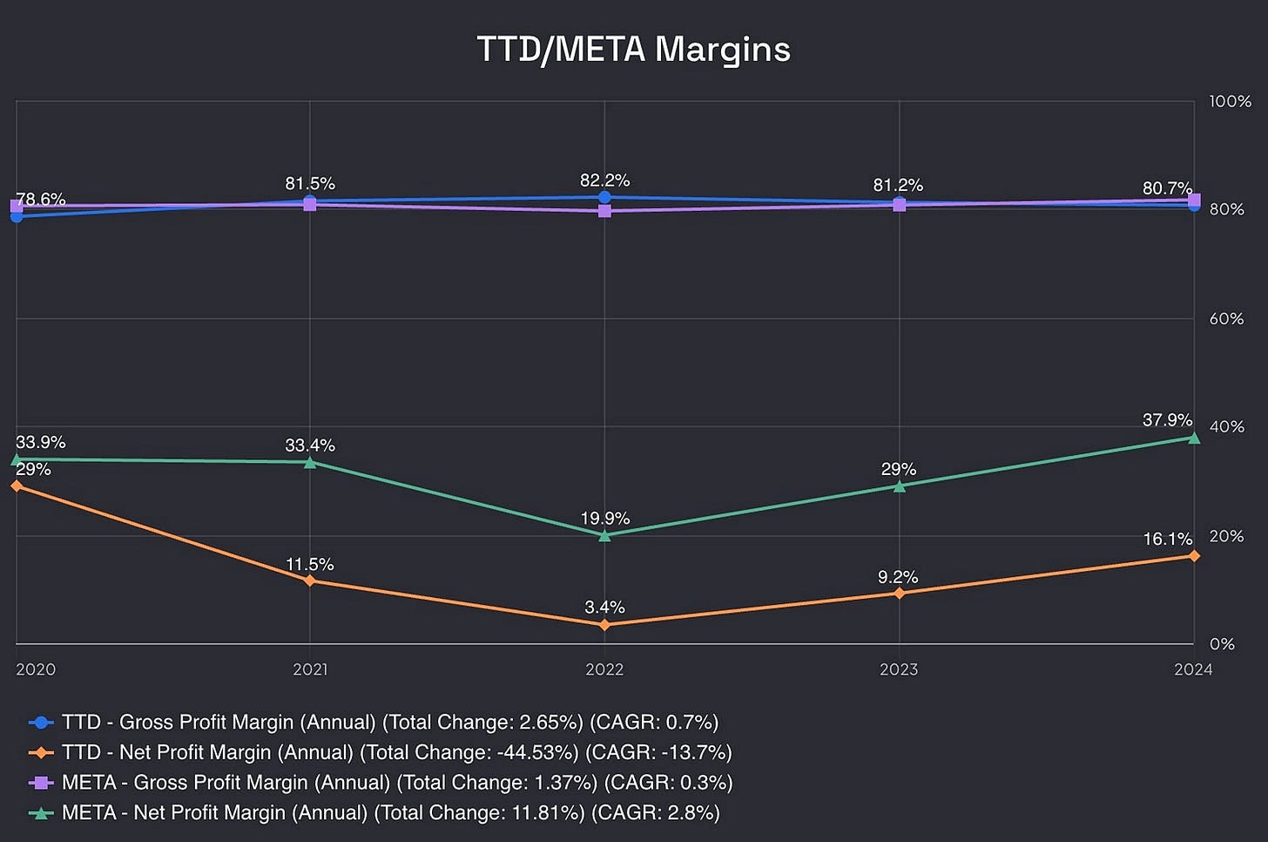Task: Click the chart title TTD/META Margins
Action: (x=633, y=49)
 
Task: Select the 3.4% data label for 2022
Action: (x=604, y=608)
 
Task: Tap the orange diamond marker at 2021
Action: (x=310, y=581)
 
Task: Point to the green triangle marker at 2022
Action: (x=604, y=535)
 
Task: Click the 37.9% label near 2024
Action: (x=1167, y=420)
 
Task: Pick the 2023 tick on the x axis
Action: (x=899, y=669)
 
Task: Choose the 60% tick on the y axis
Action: (x=1226, y=319)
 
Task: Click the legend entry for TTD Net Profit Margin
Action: (x=396, y=752)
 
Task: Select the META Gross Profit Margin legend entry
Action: (x=396, y=783)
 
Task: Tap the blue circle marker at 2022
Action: (x=604, y=197)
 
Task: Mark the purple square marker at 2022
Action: (x=604, y=211)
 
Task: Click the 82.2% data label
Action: (x=604, y=180)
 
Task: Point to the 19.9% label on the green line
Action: (x=604, y=519)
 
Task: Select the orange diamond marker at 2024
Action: (x=1193, y=556)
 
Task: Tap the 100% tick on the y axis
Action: (x=1230, y=102)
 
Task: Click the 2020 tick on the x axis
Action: (x=36, y=669)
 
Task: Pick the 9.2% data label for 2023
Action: (x=898, y=577)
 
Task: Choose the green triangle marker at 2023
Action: (x=899, y=486)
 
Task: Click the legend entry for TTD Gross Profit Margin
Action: (x=389, y=723)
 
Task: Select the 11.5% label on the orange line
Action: (x=310, y=565)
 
